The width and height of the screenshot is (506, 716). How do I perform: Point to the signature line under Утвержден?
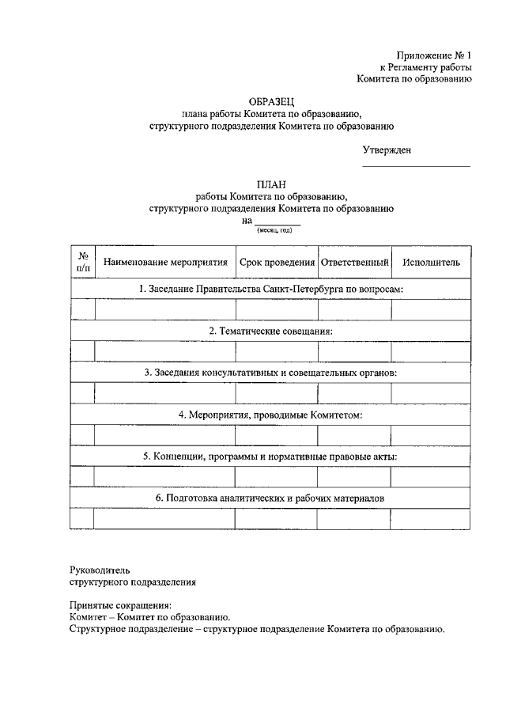click(x=416, y=166)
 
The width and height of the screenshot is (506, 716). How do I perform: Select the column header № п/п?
click(x=82, y=261)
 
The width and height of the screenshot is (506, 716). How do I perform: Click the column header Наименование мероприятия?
click(x=164, y=262)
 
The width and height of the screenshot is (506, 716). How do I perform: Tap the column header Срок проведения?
click(x=277, y=262)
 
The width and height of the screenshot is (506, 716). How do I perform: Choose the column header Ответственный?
click(x=354, y=262)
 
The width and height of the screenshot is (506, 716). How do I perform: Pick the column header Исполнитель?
click(x=431, y=262)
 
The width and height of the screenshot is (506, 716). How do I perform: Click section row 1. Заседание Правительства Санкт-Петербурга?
click(x=270, y=290)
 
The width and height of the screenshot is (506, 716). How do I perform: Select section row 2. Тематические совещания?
click(x=270, y=331)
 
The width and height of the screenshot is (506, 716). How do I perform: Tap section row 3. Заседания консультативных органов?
click(x=270, y=373)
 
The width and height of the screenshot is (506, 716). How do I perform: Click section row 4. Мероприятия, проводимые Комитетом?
click(x=270, y=415)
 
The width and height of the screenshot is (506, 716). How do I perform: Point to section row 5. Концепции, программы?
click(x=270, y=456)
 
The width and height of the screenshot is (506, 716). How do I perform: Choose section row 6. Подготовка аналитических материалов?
click(x=270, y=498)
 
